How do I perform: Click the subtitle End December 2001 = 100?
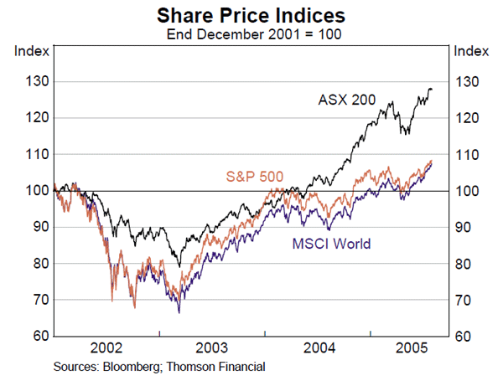251,34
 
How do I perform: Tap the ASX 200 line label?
346,100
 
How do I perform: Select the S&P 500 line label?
255,176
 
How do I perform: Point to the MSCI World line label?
331,244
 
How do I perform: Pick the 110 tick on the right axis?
465,155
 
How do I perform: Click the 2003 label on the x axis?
212,348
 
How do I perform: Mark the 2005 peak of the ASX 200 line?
430,89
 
